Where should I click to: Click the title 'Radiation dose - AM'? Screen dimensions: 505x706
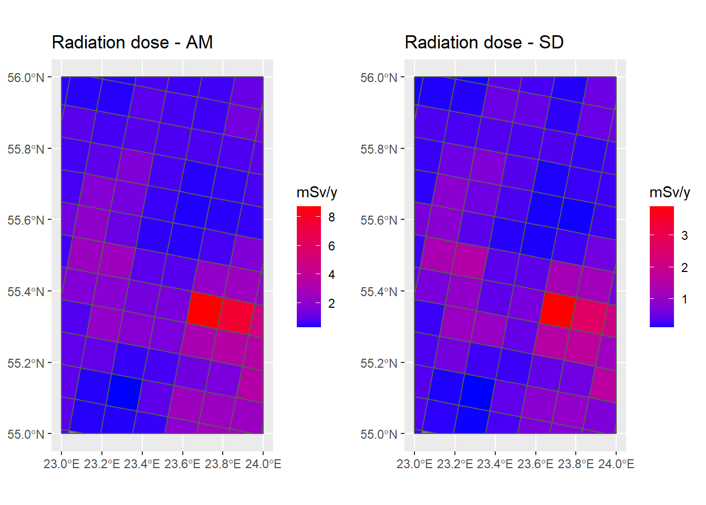click(132, 42)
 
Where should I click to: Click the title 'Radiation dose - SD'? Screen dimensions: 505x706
click(484, 42)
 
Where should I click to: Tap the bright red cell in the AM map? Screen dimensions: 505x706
click(204, 310)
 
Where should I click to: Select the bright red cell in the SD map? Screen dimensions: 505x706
click(557, 310)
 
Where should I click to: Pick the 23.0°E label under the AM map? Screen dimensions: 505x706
click(61, 464)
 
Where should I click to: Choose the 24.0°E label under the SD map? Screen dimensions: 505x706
click(616, 464)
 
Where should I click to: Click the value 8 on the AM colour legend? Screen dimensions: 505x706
click(331, 217)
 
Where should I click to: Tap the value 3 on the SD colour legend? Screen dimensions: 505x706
click(684, 236)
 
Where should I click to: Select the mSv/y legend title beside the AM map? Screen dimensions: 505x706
click(317, 193)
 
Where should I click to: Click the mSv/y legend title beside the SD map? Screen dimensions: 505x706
click(670, 193)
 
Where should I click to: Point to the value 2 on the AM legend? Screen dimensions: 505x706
click(331, 304)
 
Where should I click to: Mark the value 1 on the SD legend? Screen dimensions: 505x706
click(684, 299)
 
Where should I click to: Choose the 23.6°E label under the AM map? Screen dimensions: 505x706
click(182, 464)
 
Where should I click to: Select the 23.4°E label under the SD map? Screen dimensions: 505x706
click(495, 464)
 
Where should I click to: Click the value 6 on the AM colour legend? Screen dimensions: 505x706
click(331, 246)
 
